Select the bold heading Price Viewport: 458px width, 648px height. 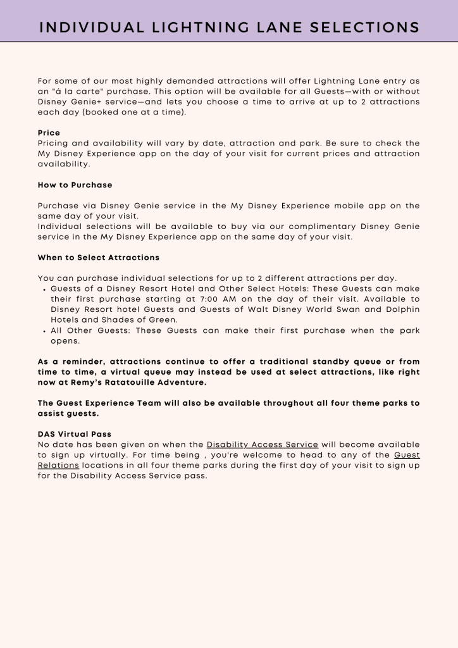click(49, 133)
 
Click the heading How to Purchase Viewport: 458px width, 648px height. click(75, 185)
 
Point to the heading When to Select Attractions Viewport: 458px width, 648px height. click(99, 258)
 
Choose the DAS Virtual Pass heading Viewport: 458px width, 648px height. click(74, 434)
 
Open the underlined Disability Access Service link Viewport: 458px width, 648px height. click(262, 444)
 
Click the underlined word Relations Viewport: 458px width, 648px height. click(58, 465)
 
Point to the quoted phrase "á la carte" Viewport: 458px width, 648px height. click(75, 91)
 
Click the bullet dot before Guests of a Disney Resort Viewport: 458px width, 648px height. click(43, 289)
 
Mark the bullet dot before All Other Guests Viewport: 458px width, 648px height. click(43, 331)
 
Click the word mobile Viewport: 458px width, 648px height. click(351, 206)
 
